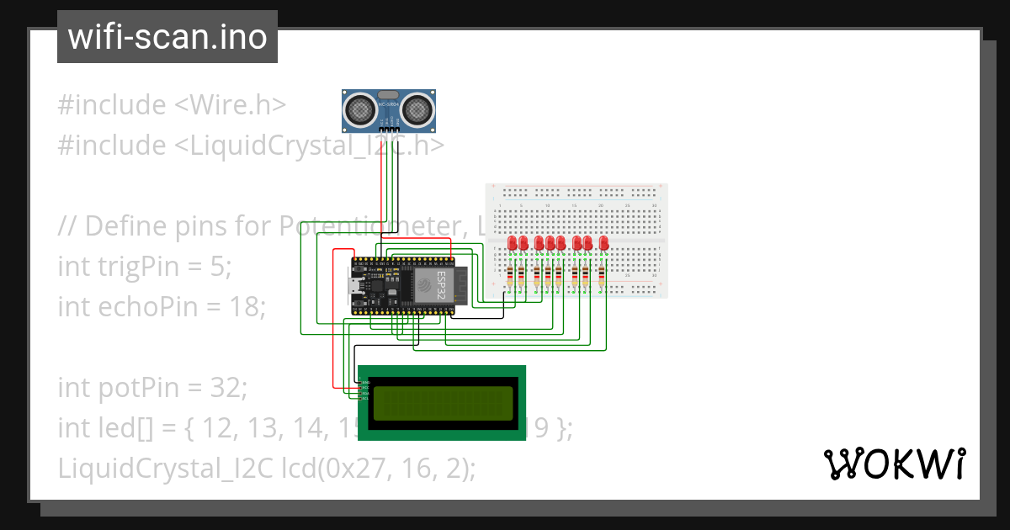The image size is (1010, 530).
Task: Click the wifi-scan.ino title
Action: (x=167, y=37)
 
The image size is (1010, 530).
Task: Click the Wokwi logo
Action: (x=893, y=464)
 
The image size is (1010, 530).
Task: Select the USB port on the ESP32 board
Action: (x=357, y=286)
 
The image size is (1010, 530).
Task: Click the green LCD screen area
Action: (x=443, y=403)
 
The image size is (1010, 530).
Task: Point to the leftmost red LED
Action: (x=513, y=243)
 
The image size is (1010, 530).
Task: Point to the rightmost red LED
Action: (x=603, y=243)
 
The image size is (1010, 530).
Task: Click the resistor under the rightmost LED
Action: (x=603, y=275)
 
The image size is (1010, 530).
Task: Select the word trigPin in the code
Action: (x=137, y=267)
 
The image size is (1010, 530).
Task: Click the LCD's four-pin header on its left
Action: (x=365, y=390)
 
